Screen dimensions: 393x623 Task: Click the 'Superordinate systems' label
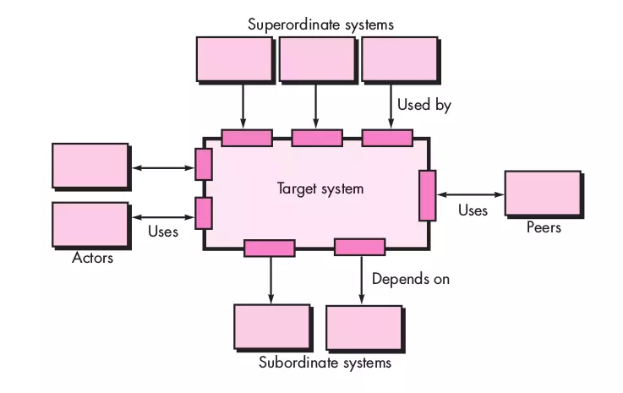[320, 25]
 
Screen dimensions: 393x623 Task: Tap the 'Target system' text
[320, 188]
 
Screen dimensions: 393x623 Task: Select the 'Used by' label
[424, 106]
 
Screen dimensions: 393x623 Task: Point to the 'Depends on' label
[411, 279]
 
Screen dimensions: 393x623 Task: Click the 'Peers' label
[543, 227]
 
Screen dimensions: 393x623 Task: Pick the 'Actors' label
[92, 258]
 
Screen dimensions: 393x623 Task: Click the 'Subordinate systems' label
[325, 363]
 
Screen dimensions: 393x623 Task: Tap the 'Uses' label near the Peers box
[473, 210]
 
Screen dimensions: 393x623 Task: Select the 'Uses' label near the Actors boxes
[163, 231]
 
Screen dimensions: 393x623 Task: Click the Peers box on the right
[543, 194]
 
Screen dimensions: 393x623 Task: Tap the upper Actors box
[90, 166]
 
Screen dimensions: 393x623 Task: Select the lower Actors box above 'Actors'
[90, 225]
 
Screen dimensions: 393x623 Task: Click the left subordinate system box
[272, 327]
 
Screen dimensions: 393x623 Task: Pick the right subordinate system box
[363, 327]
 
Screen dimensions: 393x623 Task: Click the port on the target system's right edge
[428, 194]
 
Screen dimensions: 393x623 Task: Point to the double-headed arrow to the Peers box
[470, 194]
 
